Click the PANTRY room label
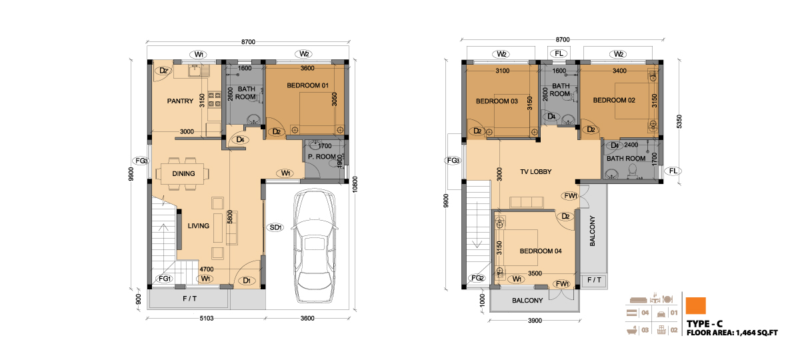(x=180, y=101)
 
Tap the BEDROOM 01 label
(x=307, y=85)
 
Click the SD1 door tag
(x=275, y=227)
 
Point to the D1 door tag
(x=247, y=281)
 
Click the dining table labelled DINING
(x=183, y=173)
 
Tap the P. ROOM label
(x=322, y=157)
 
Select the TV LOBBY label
(x=536, y=172)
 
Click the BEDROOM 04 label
(x=541, y=251)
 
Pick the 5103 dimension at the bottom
(x=207, y=318)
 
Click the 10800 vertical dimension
(x=355, y=184)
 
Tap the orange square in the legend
(x=696, y=306)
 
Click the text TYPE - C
(x=704, y=324)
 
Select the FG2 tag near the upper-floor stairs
(x=477, y=278)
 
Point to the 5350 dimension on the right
(x=679, y=121)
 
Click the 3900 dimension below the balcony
(x=535, y=321)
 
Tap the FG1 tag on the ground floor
(x=165, y=279)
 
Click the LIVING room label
(x=199, y=226)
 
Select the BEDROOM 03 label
(x=497, y=101)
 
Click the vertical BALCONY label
(x=592, y=231)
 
